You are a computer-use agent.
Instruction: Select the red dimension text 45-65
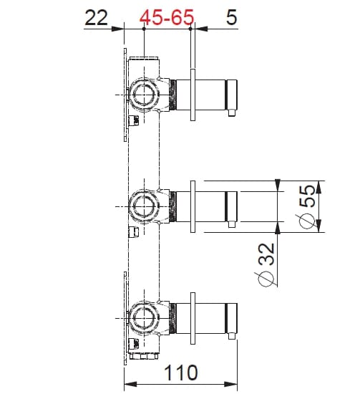tap(167, 18)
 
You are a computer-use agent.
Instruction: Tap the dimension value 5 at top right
tap(231, 18)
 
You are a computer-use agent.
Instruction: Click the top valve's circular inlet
tap(144, 93)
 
